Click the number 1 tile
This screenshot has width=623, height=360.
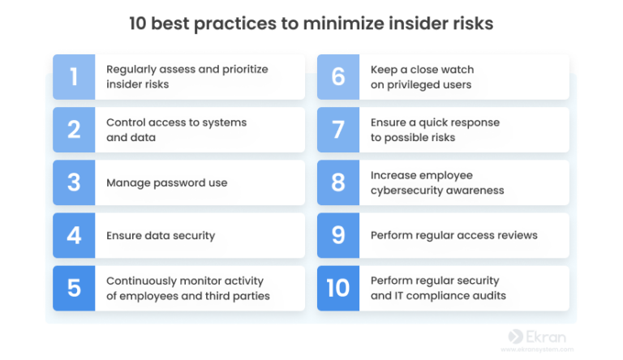click(x=74, y=77)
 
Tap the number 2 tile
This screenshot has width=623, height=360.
click(x=74, y=130)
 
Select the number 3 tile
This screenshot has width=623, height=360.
click(x=74, y=182)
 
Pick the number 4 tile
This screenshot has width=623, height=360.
click(x=74, y=235)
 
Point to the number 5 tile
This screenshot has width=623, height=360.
click(x=74, y=288)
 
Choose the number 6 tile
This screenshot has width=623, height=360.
click(x=338, y=77)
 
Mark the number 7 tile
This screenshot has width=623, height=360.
click(x=338, y=130)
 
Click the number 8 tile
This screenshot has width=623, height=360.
click(x=338, y=182)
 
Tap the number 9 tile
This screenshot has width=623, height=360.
click(x=338, y=235)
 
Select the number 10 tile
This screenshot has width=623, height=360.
click(x=338, y=288)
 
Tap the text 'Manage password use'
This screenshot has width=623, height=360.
click(x=166, y=182)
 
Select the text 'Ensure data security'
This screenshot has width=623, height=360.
click(x=161, y=235)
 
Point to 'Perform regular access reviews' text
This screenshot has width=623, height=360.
click(x=453, y=235)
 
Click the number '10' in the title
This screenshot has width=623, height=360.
click(x=139, y=24)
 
